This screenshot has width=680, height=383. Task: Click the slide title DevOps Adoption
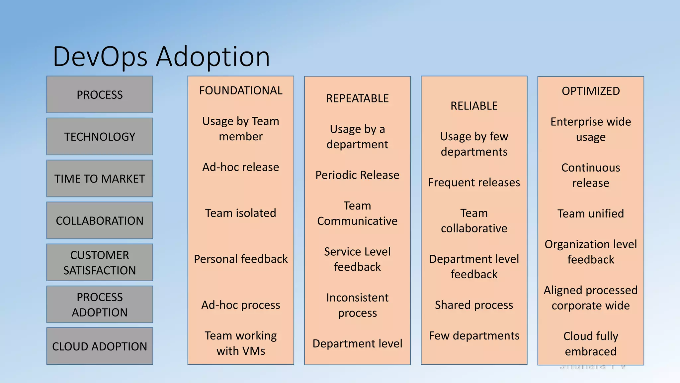[x=161, y=57]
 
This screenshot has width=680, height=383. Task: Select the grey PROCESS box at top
[x=100, y=95]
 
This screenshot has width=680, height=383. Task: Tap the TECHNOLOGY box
[x=100, y=137]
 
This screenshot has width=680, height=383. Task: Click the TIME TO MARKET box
[x=100, y=179]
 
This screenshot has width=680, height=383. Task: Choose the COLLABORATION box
[x=100, y=221]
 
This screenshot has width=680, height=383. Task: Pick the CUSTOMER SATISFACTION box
[x=100, y=263]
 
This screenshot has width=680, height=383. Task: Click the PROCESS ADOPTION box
[x=100, y=305]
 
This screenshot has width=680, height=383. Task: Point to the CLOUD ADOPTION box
[x=100, y=346]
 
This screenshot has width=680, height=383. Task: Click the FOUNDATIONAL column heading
[x=241, y=90]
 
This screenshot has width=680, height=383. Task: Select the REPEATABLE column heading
[x=357, y=98]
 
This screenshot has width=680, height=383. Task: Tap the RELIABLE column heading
[x=474, y=106]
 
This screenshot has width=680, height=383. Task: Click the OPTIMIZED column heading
[x=591, y=91]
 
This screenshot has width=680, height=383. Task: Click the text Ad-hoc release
[x=241, y=167]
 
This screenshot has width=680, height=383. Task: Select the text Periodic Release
[x=357, y=175]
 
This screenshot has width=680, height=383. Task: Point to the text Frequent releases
[x=474, y=182]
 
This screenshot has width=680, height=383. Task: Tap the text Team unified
[x=591, y=213]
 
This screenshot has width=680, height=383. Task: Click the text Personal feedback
[x=241, y=259]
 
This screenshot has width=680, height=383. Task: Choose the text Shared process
[x=474, y=305]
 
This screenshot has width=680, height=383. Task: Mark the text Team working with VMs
[x=241, y=343]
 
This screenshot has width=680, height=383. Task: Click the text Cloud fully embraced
[x=591, y=344]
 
